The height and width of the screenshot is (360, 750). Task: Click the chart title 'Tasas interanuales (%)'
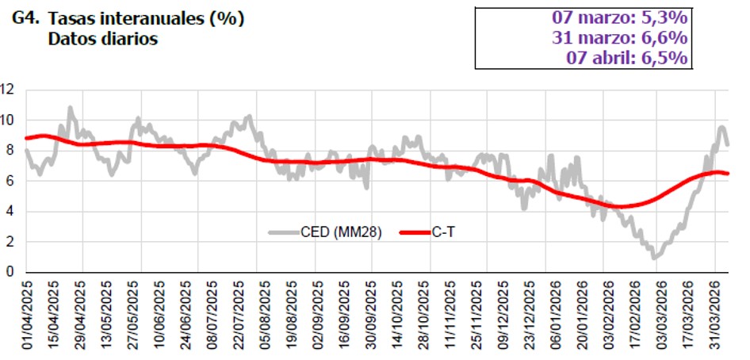146,17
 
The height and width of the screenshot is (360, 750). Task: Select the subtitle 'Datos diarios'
103,38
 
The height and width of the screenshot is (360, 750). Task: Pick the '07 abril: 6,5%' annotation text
627,58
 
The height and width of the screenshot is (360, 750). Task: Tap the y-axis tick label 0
11,272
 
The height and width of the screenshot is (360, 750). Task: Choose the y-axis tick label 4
11,211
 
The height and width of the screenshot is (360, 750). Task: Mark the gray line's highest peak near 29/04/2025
70,107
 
